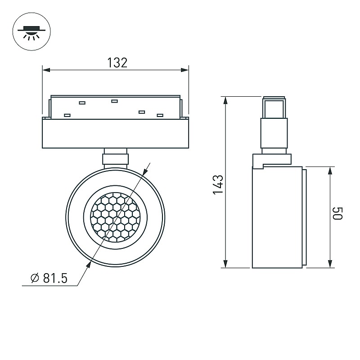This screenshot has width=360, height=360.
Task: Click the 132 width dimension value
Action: [x=117, y=63]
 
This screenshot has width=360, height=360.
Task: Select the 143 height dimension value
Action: [x=218, y=184]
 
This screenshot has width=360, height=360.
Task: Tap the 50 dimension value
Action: [x=337, y=213]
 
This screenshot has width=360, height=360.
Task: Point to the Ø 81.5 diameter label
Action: [x=49, y=278]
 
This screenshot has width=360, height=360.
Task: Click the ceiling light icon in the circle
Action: [x=31, y=31]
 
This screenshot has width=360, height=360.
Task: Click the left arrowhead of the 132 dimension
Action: [x=46, y=70]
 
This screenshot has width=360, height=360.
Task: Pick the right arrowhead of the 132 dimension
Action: [x=185, y=70]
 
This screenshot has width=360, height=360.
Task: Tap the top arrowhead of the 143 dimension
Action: [x=225, y=101]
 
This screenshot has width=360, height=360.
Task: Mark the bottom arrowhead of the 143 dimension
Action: [x=225, y=264]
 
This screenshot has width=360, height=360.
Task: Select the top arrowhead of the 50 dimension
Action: [x=330, y=171]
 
